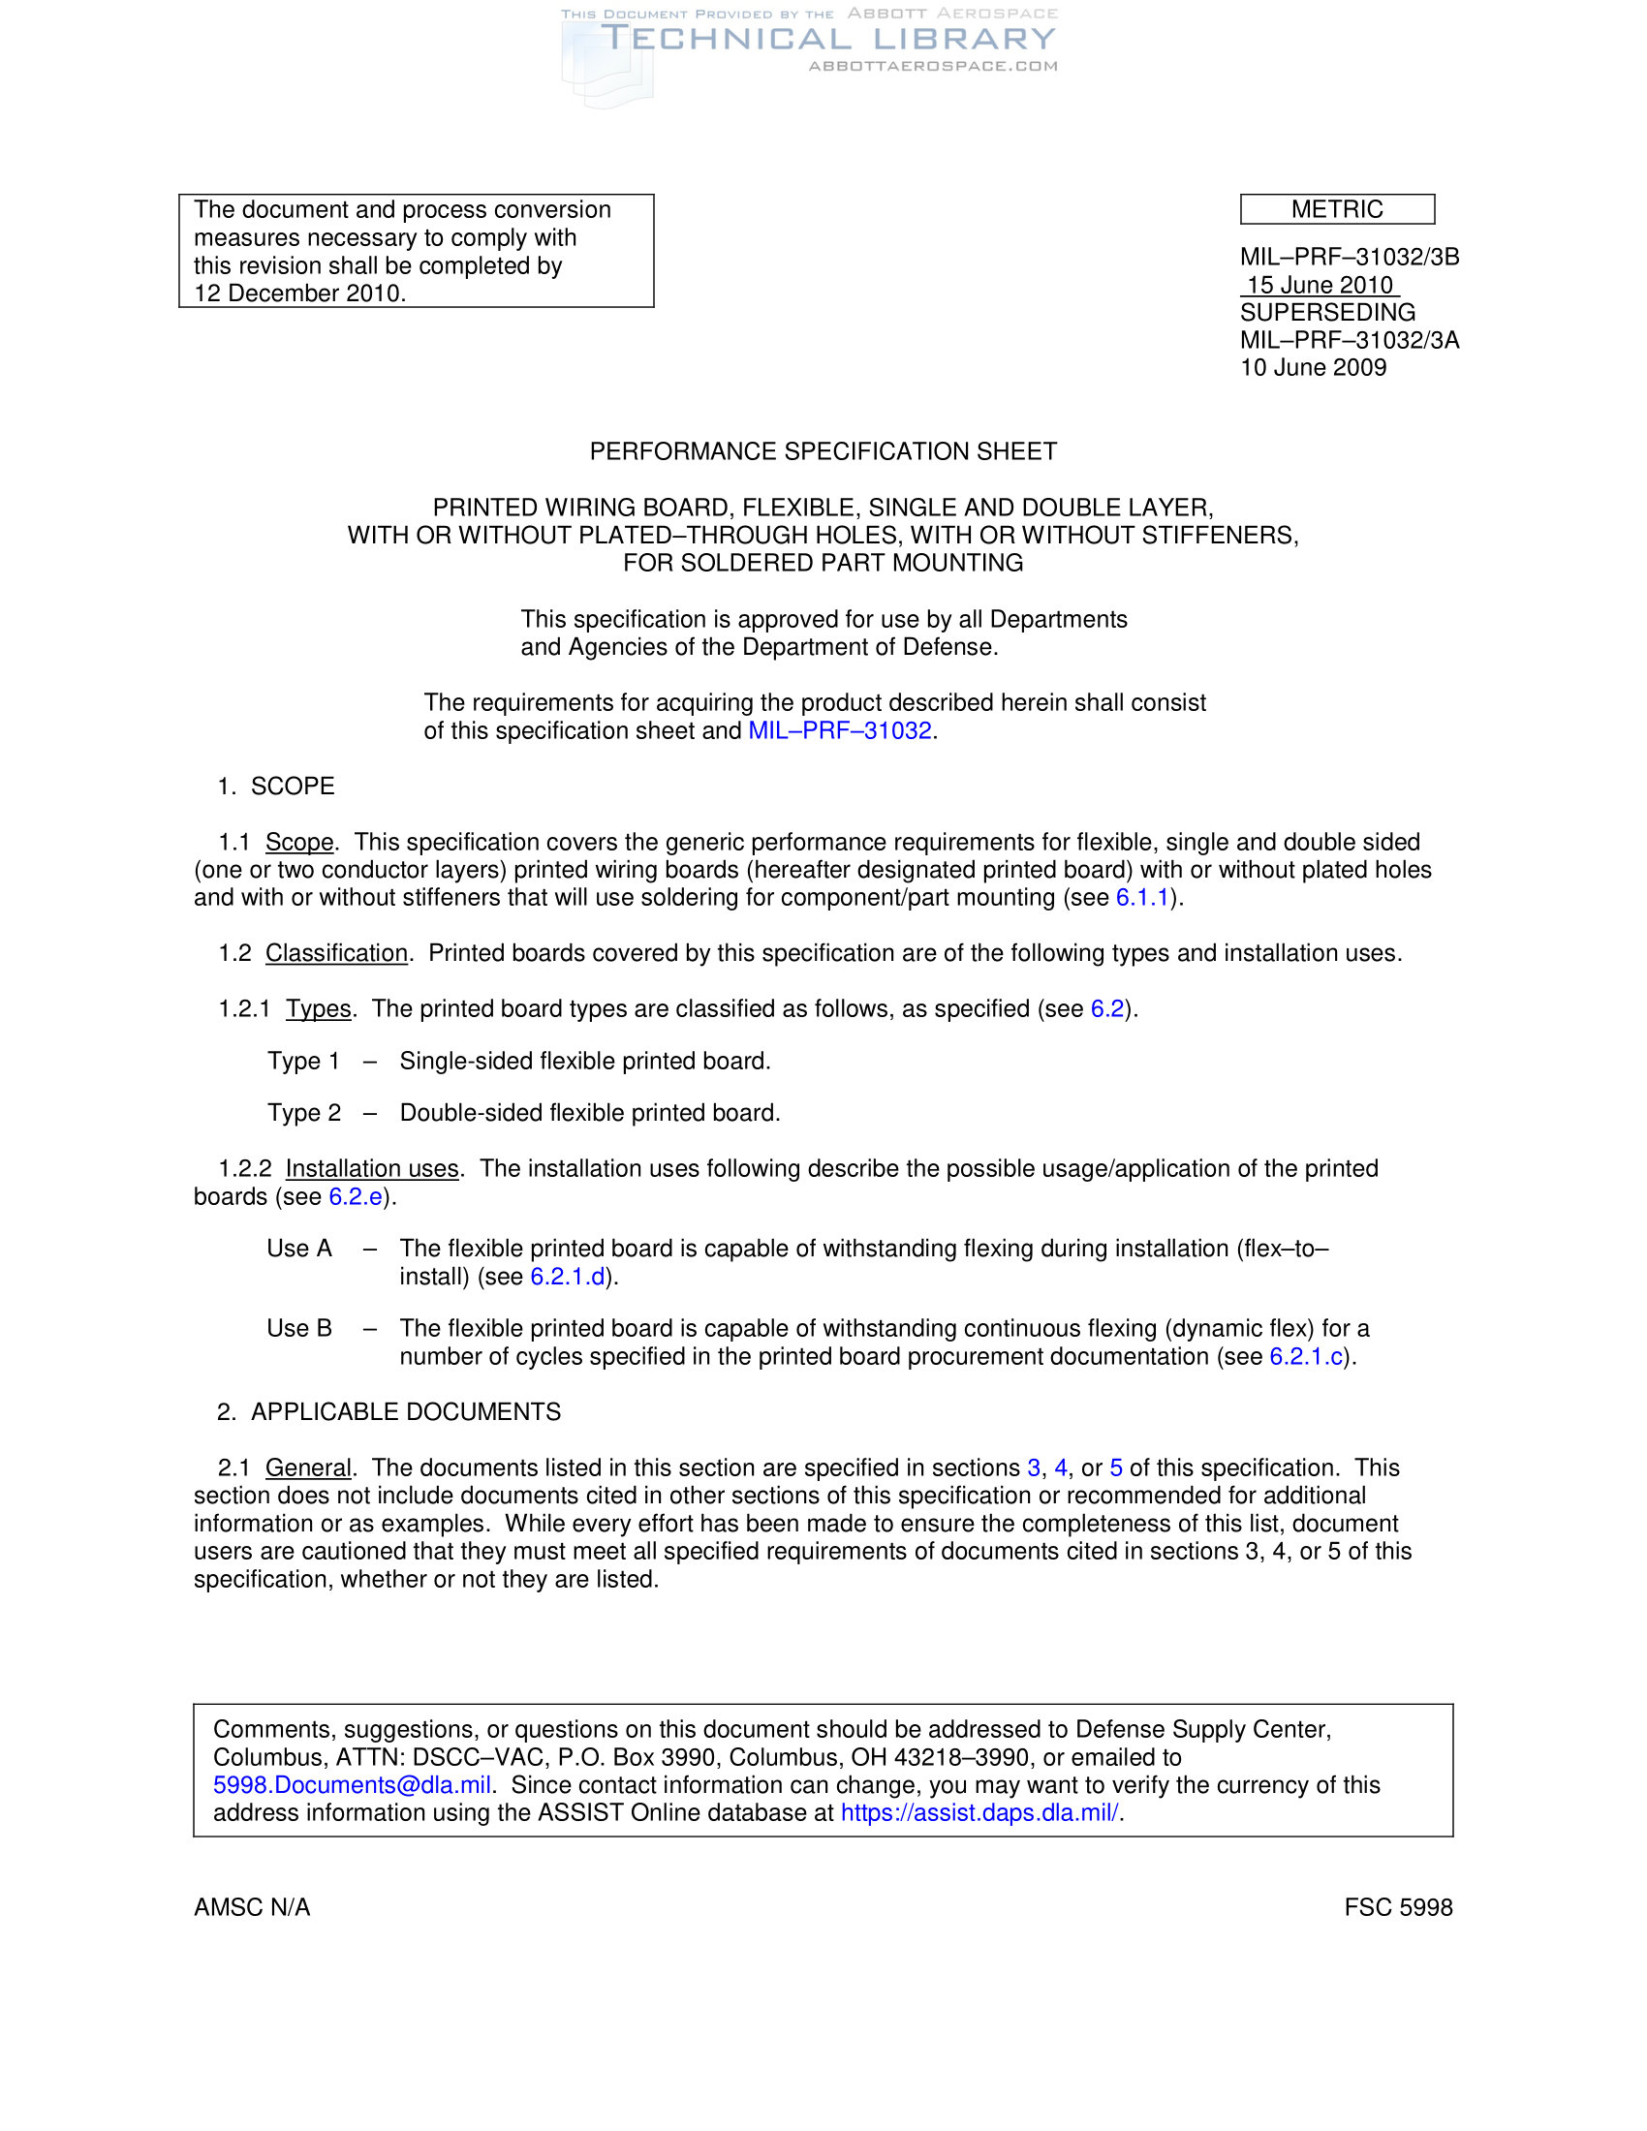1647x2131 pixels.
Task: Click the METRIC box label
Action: click(x=1336, y=210)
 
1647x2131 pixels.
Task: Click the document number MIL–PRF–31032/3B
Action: click(x=1350, y=258)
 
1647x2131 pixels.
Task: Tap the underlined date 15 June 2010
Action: click(x=1320, y=285)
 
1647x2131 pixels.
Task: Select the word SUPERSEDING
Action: click(x=1327, y=313)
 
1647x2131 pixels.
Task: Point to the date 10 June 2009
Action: click(x=1313, y=368)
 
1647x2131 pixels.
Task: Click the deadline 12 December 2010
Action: click(x=298, y=293)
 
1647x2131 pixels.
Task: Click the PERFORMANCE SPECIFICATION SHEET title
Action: click(x=823, y=451)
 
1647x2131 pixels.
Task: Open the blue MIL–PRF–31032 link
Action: click(x=839, y=730)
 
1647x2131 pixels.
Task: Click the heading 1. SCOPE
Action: click(x=276, y=787)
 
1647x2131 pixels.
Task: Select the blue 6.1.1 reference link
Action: click(x=1141, y=898)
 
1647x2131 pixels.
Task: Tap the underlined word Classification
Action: click(x=336, y=953)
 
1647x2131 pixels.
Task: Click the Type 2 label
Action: click(x=304, y=1113)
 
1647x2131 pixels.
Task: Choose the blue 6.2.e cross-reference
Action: click(x=356, y=1197)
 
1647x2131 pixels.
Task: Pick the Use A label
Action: click(x=299, y=1249)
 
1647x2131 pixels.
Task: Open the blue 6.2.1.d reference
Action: click(x=567, y=1278)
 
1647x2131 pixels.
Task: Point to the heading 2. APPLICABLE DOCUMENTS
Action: click(x=389, y=1413)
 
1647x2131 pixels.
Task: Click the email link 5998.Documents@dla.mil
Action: click(x=352, y=1785)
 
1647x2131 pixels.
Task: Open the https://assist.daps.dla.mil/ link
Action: click(x=979, y=1813)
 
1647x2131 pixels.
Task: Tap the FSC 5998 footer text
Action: click(x=1397, y=1907)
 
